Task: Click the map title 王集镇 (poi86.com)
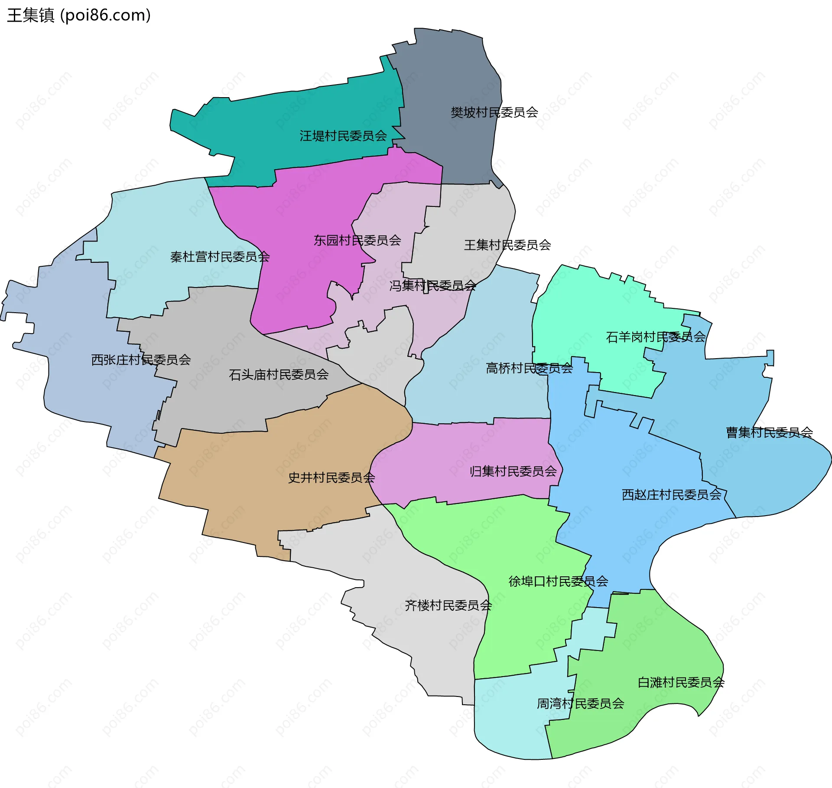(x=79, y=15)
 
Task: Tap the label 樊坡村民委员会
(x=494, y=113)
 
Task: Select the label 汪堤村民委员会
(x=343, y=136)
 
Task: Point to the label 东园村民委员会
(x=357, y=240)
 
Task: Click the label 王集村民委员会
(x=507, y=245)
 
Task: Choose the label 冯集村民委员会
(x=432, y=285)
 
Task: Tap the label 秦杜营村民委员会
(x=220, y=257)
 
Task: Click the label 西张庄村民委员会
(x=141, y=360)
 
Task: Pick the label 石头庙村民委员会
(x=279, y=374)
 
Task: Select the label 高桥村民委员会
(x=529, y=368)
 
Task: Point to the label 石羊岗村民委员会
(x=655, y=337)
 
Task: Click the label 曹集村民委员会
(x=769, y=432)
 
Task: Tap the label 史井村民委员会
(x=331, y=477)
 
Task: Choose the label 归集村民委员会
(x=513, y=471)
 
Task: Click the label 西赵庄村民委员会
(x=672, y=494)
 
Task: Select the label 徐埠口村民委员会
(x=558, y=581)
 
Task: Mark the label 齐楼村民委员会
(x=448, y=605)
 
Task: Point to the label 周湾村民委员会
(x=580, y=703)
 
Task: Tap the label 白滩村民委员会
(x=681, y=682)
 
